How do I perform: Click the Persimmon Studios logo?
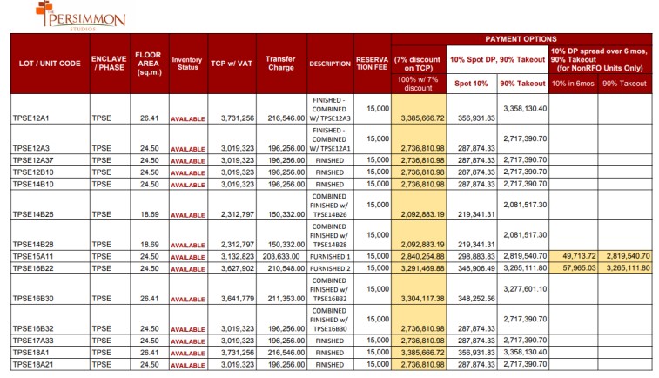tap(80, 17)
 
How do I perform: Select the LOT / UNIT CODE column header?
tap(50, 64)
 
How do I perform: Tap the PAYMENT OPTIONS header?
tap(521, 39)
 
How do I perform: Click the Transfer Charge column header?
tap(280, 63)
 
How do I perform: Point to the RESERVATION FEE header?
tap(372, 63)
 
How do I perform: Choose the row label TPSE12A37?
tap(33, 160)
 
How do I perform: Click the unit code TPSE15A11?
tap(33, 256)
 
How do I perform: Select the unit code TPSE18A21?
tap(33, 365)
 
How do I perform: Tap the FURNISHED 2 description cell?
tap(330, 268)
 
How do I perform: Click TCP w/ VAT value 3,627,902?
tap(238, 268)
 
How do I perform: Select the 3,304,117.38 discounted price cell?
tap(422, 299)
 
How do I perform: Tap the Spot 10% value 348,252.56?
tap(476, 299)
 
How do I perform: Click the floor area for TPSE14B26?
tap(150, 214)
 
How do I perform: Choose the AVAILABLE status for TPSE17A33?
tap(188, 341)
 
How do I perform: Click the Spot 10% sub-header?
tap(471, 84)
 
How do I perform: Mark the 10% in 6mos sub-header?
tap(573, 84)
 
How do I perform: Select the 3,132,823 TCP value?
tap(238, 256)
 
